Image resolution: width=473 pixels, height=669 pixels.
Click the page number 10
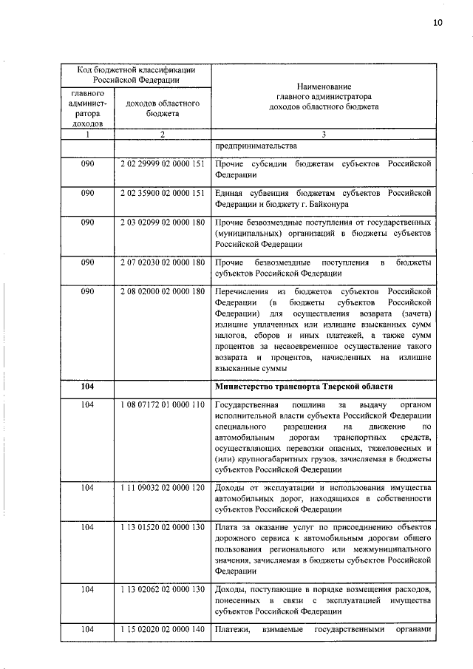(x=438, y=23)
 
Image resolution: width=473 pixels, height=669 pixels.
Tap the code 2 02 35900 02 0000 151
(x=162, y=193)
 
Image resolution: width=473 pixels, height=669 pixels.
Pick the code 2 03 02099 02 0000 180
(x=162, y=223)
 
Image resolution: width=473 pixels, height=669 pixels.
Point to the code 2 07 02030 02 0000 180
(x=162, y=262)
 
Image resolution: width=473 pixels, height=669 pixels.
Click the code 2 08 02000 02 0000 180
(x=162, y=292)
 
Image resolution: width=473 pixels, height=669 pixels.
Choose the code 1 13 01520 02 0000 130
(x=162, y=528)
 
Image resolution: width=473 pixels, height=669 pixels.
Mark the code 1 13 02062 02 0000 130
(x=162, y=589)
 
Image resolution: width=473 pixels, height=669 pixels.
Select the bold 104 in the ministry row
(x=87, y=387)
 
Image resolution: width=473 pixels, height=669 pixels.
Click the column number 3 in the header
(x=323, y=133)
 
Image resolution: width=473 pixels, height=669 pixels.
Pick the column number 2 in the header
(x=161, y=133)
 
